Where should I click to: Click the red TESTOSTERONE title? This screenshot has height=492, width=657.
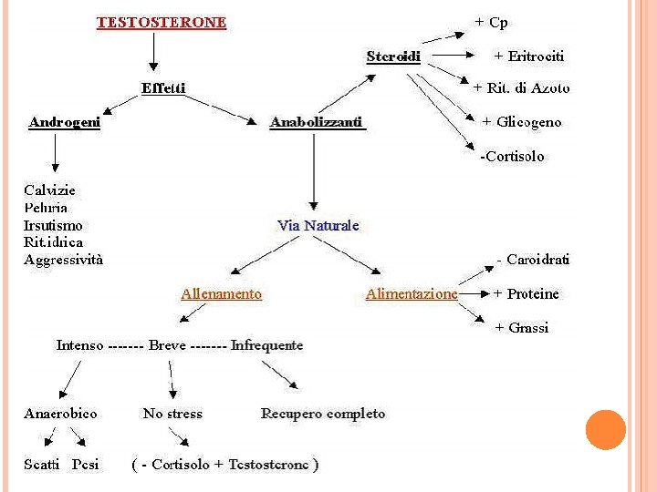tap(162, 22)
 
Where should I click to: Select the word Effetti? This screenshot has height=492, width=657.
tap(163, 88)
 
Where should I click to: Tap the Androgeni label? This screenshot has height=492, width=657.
tap(64, 122)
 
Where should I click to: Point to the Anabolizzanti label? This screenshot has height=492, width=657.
tap(317, 122)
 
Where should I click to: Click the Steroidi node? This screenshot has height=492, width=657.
tap(393, 56)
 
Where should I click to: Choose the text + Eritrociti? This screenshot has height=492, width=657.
tap(528, 56)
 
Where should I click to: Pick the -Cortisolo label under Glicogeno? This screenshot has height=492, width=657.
tap(512, 157)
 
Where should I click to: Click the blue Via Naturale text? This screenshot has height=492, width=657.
tap(318, 225)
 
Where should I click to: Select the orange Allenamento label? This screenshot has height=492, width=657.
tap(221, 294)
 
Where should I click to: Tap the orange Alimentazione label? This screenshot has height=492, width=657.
tap(411, 294)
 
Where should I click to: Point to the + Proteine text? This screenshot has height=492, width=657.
tap(527, 294)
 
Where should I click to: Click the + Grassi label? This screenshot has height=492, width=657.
tap(521, 328)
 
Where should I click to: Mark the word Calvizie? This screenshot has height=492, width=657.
tap(49, 190)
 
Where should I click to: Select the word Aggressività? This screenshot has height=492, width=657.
tap(63, 260)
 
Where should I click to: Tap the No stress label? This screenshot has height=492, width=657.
tap(172, 414)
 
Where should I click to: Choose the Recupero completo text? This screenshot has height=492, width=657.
tap(323, 414)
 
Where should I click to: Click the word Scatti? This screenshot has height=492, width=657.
tap(43, 465)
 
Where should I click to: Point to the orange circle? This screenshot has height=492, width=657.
tap(605, 430)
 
